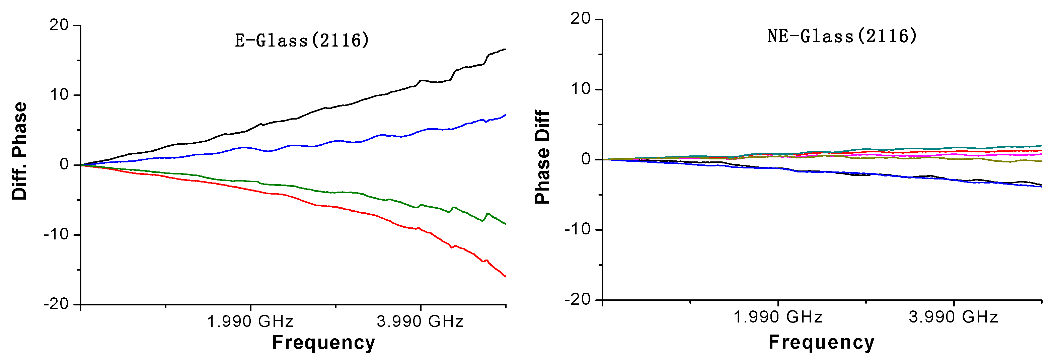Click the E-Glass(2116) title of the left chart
tap(302, 41)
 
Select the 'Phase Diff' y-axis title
tap(542, 157)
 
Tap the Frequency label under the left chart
tap(323, 343)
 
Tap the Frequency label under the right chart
tap(821, 342)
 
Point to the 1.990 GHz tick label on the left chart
tap(250, 321)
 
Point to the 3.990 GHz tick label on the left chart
tap(420, 321)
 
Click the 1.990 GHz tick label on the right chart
tap(777, 317)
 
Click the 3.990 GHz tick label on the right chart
tap(953, 317)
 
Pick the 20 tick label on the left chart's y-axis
tap(59, 25)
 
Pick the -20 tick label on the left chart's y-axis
tap(56, 304)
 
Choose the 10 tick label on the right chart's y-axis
tap(581, 89)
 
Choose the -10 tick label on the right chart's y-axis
tap(578, 229)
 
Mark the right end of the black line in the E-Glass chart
tap(506, 49)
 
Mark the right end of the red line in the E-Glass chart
tap(506, 277)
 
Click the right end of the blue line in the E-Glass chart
tap(506, 115)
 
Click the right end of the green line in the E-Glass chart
tap(506, 224)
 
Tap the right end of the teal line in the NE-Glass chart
tap(1042, 145)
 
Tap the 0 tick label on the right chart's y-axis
tap(586, 159)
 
